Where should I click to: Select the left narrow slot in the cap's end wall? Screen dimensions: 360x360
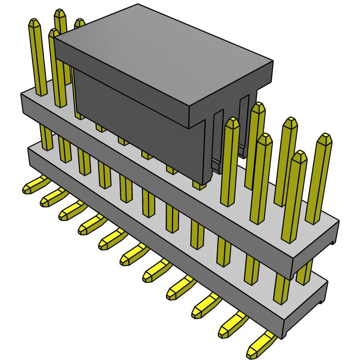217,138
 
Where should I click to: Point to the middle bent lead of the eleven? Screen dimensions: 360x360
134,255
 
